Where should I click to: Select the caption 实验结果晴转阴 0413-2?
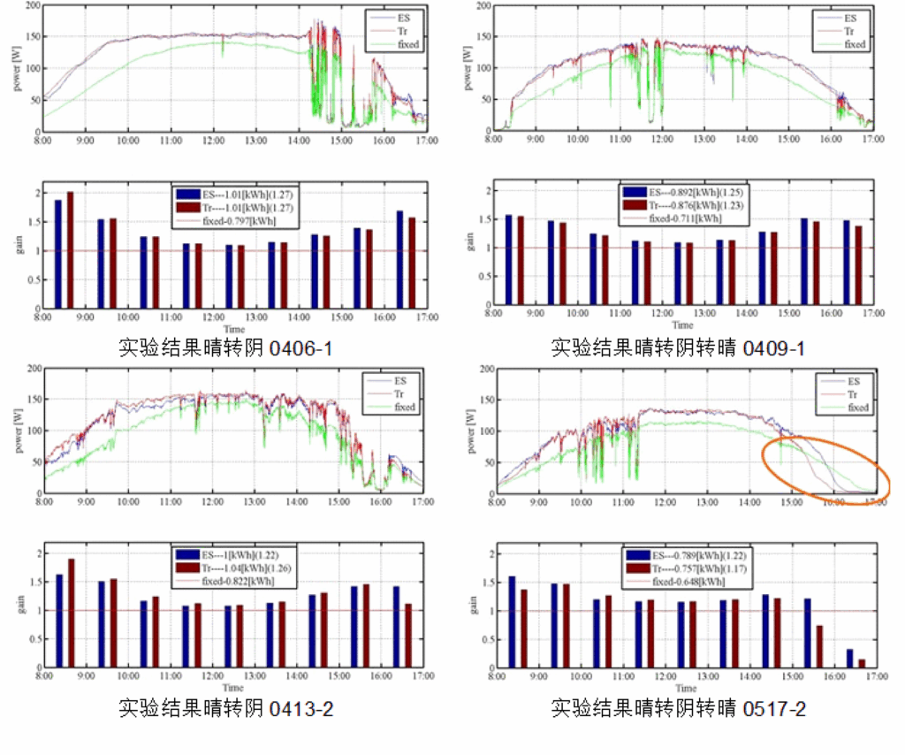click(x=226, y=708)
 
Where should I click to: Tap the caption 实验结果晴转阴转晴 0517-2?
click(x=678, y=708)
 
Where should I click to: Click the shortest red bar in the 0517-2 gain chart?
click(x=862, y=664)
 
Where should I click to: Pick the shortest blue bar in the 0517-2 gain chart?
click(x=850, y=659)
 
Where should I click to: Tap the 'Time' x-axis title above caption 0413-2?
click(x=233, y=688)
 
